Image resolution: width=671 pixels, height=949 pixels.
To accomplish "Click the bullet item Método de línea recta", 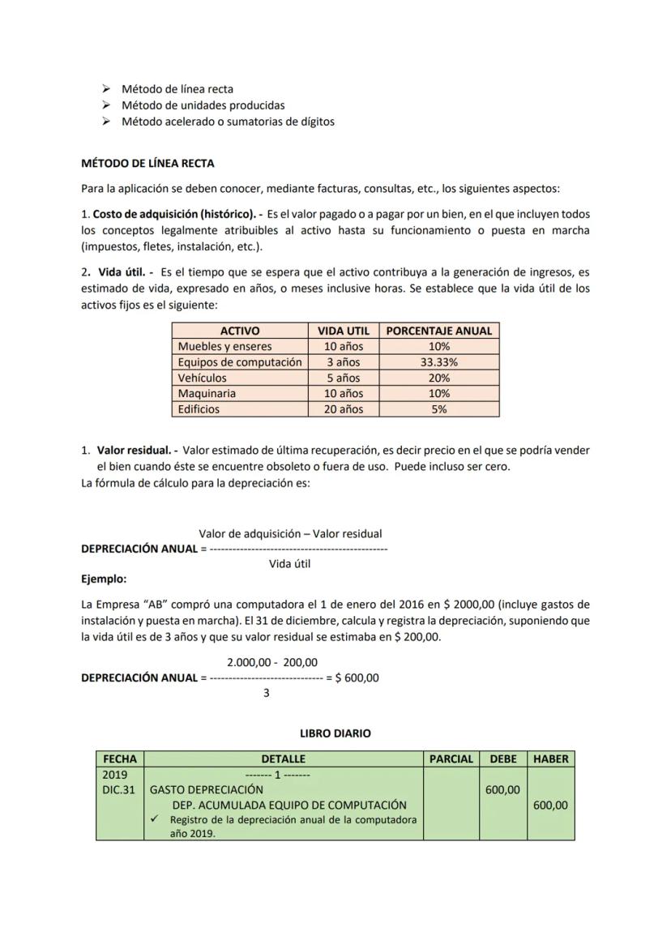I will [177, 89].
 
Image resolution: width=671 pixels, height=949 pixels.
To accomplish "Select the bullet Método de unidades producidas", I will [203, 105].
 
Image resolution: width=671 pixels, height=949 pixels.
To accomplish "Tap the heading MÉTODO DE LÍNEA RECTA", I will [147, 164].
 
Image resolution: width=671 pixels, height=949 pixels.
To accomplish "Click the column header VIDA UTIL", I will [343, 331].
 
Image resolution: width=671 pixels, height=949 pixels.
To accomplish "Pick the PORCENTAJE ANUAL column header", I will [438, 331].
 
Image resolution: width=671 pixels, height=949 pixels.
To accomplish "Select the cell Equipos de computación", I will [240, 362].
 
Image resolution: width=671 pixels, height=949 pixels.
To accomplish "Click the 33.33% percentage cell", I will [438, 362].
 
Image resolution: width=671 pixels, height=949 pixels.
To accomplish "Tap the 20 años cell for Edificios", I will [343, 409].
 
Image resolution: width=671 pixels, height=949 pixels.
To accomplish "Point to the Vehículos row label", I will [203, 378].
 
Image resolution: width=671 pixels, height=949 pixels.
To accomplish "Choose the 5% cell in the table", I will [438, 409].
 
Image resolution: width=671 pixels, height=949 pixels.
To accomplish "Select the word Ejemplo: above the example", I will [104, 579].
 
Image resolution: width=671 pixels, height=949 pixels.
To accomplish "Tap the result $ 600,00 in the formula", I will [357, 678].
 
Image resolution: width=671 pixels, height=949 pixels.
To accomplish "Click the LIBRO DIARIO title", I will [335, 733].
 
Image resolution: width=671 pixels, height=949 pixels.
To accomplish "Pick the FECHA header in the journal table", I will [120, 759].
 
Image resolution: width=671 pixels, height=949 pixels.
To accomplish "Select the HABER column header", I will [551, 759].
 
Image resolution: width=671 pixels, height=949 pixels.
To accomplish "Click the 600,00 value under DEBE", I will [502, 790].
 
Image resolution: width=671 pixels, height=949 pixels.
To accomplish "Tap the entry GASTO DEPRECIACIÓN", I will [207, 790].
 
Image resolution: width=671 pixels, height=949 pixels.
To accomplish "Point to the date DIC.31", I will [118, 790].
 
